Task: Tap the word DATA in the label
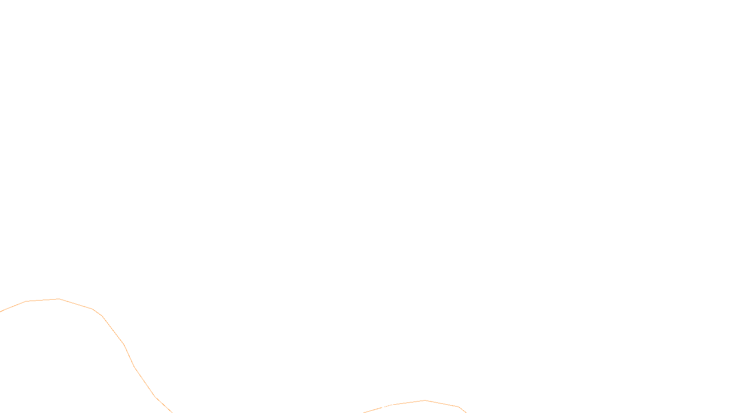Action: pos(388,406)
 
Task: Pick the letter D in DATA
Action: pos(383,406)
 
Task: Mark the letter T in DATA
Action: pos(389,406)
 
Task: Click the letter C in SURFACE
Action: pos(373,406)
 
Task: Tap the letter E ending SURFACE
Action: pos(377,406)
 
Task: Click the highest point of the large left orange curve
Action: pos(59,299)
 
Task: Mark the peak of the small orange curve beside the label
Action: pos(425,400)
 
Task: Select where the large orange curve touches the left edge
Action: pos(1,311)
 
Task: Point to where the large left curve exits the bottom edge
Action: pos(172,412)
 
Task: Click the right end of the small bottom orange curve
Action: pos(466,412)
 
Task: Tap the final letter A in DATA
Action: pos(393,406)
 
